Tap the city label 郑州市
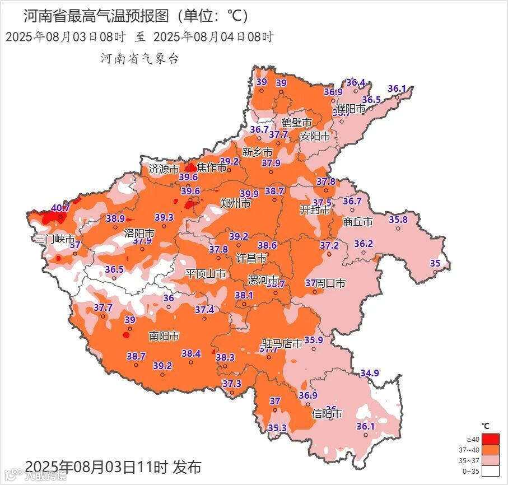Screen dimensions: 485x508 point(235,203)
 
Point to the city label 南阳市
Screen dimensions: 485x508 point(164,336)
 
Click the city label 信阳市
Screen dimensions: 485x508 point(327,414)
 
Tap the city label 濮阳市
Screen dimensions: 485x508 point(351,108)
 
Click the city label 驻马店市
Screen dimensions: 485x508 point(283,343)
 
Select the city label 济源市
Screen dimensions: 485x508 point(164,168)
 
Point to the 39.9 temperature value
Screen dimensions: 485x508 point(249,194)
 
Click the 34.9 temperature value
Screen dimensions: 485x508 point(370,373)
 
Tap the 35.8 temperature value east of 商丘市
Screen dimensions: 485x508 point(398,220)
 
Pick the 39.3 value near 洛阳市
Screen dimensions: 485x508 point(164,217)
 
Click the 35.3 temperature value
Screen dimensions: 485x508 point(277,428)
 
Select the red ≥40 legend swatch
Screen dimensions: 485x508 point(491,439)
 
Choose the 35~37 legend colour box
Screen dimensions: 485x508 point(491,460)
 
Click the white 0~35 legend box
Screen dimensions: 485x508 point(491,472)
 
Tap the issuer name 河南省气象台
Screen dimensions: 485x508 point(139,59)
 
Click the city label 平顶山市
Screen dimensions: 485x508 point(206,274)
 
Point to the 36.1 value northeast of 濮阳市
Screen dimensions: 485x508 point(397,88)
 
